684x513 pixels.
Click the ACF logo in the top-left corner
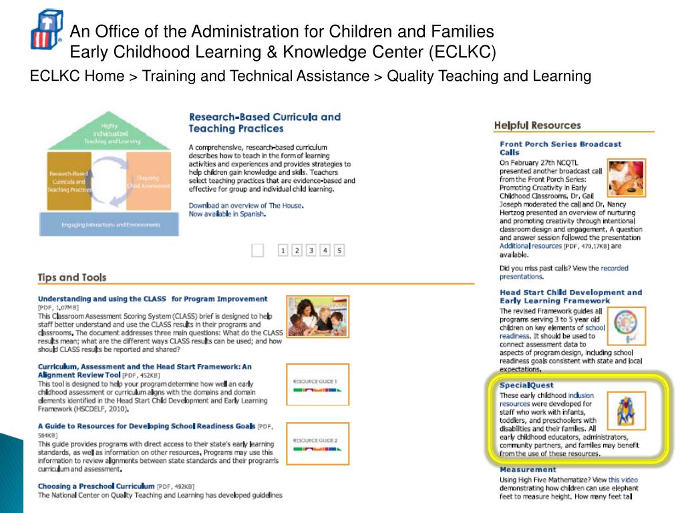(46, 29)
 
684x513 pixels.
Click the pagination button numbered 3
(311, 250)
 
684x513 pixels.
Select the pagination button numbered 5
(339, 250)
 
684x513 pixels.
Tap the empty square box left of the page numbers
(258, 250)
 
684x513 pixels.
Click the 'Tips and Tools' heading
(71, 277)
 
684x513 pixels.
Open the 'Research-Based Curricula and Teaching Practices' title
(264, 122)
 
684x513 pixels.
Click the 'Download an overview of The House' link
(245, 205)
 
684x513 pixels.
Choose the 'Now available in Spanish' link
(227, 214)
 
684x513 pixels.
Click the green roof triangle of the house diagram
(110, 134)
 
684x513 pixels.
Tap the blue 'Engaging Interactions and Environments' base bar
(110, 224)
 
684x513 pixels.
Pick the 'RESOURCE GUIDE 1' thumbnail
(317, 384)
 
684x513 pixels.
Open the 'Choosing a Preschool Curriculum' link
(96, 486)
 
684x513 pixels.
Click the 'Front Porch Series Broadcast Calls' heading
(560, 148)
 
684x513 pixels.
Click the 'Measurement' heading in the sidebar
(528, 470)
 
